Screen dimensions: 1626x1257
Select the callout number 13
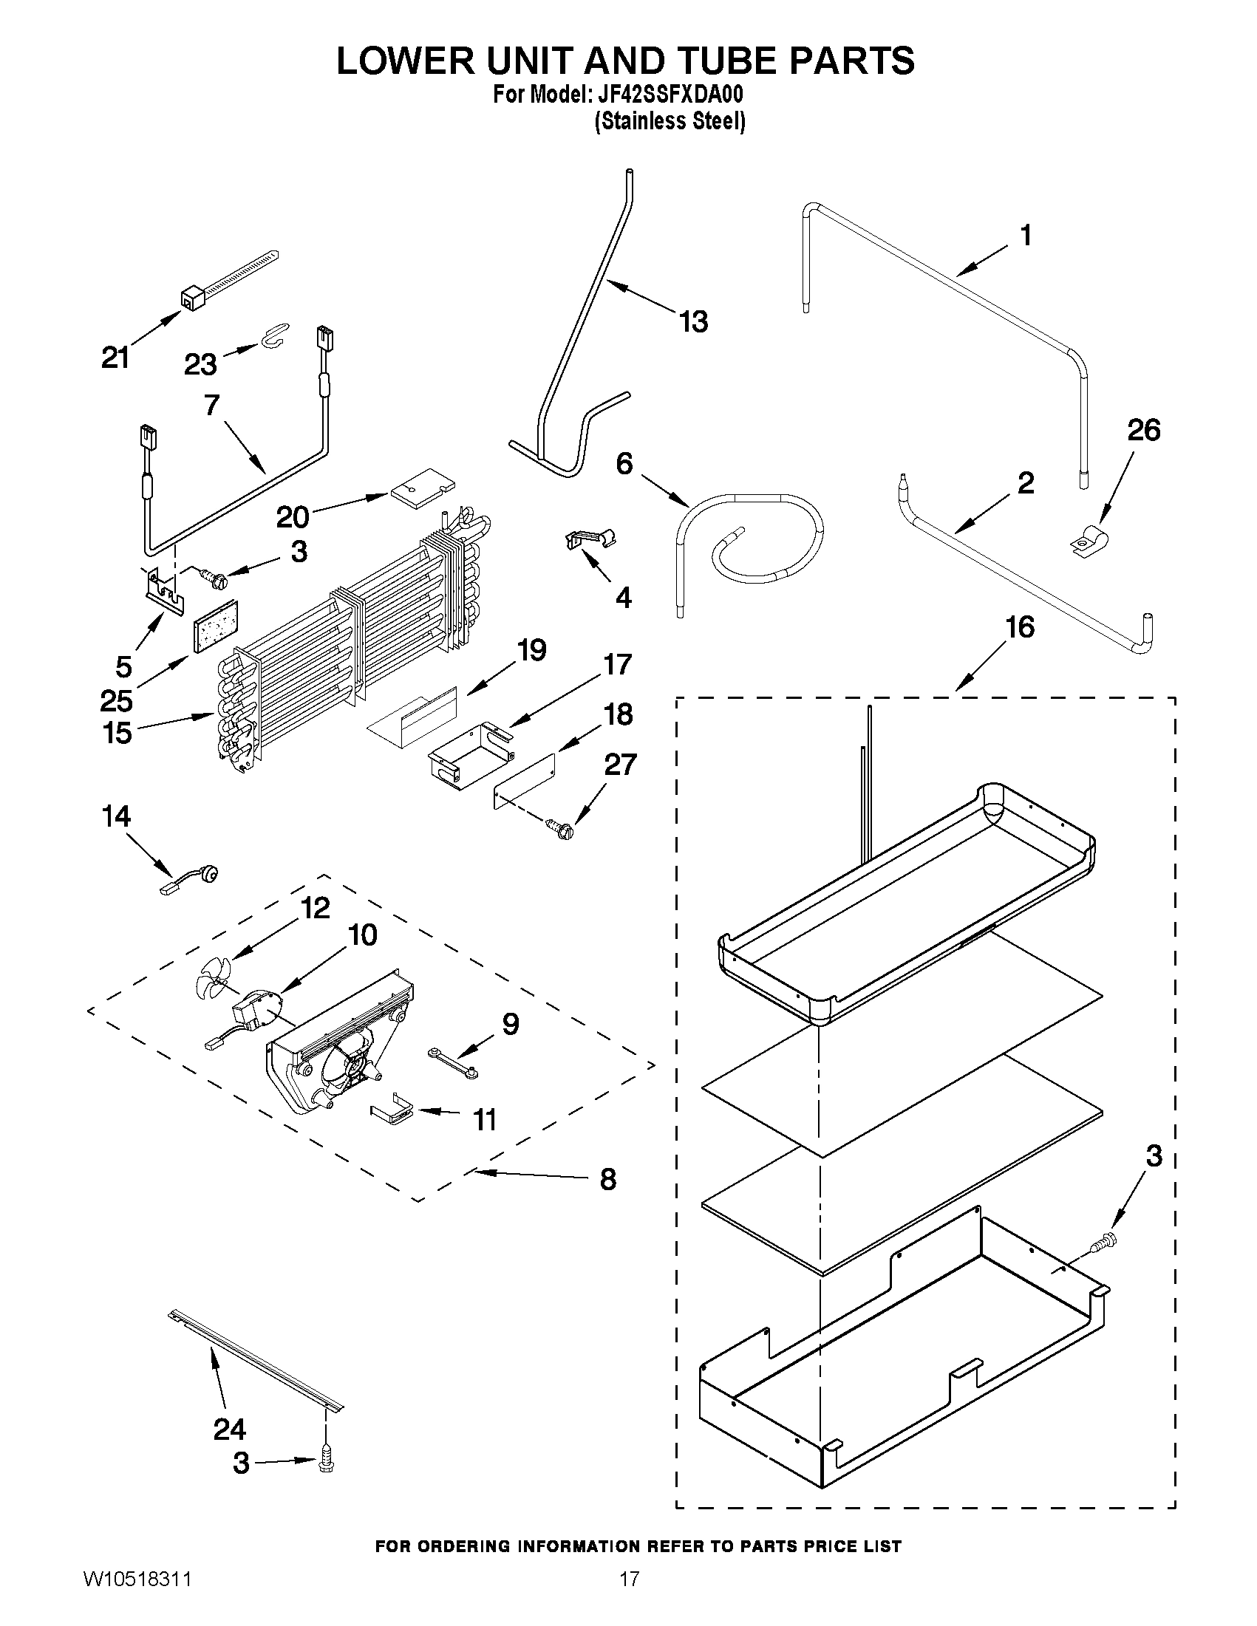click(x=692, y=322)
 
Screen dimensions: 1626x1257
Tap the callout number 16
click(x=1020, y=627)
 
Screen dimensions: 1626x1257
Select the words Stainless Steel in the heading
click(x=670, y=121)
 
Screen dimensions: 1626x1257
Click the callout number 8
click(x=608, y=1178)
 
